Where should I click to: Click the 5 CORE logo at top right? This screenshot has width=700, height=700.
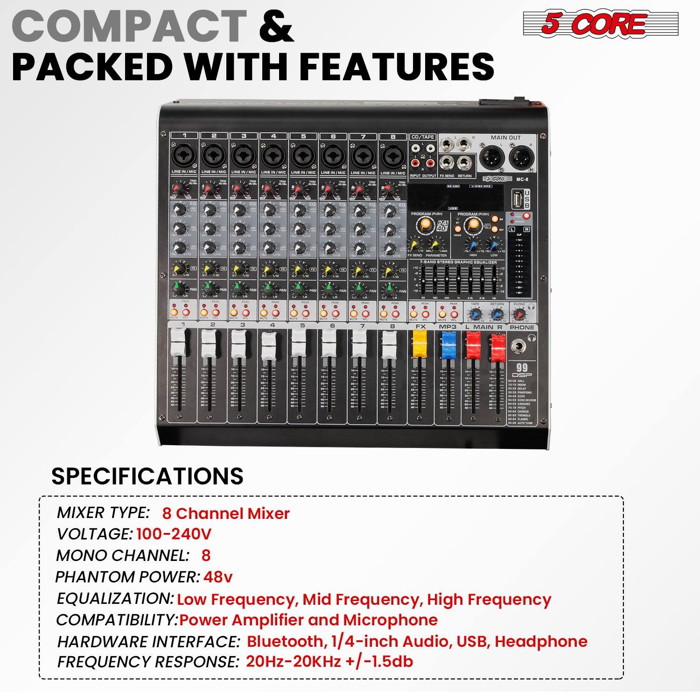click(x=600, y=24)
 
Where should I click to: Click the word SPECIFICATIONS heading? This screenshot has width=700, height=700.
click(x=147, y=476)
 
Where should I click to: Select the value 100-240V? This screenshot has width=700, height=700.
click(x=174, y=534)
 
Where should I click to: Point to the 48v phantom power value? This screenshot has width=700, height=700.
click(x=217, y=577)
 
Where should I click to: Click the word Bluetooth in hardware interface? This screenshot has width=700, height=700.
click(x=285, y=641)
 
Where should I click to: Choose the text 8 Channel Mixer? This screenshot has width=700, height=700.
click(x=226, y=513)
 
